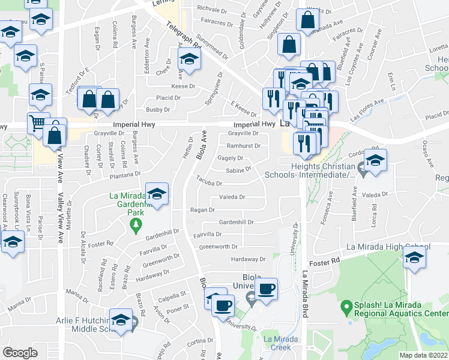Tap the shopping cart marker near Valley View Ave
(38, 123)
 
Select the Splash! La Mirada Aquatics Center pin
(346, 308)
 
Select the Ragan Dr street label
(203, 210)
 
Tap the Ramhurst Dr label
(244, 146)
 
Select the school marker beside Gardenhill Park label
(157, 194)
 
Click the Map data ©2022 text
(423, 355)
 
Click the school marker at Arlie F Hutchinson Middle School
(121, 320)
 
